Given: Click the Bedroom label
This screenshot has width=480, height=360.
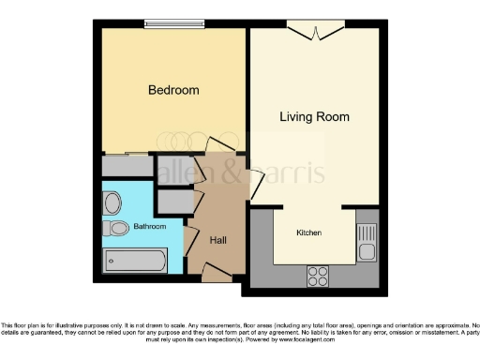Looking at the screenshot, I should [x=173, y=90].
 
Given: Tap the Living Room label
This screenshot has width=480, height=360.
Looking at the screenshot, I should [x=314, y=117].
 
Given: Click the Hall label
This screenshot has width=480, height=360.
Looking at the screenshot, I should [x=217, y=241].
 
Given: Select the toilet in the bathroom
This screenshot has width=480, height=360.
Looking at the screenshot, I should [x=117, y=228].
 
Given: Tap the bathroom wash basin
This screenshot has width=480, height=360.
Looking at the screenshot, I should [x=112, y=202].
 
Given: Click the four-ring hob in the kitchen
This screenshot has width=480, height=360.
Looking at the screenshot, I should [x=318, y=275].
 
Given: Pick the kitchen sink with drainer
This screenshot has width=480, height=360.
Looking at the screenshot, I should [x=367, y=242].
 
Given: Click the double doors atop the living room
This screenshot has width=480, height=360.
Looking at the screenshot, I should [x=314, y=33].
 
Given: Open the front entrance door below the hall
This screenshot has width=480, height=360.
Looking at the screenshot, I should [x=217, y=272].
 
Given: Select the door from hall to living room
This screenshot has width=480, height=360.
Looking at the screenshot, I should [x=255, y=184].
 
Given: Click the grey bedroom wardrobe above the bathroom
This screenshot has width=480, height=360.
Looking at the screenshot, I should [x=127, y=166].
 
